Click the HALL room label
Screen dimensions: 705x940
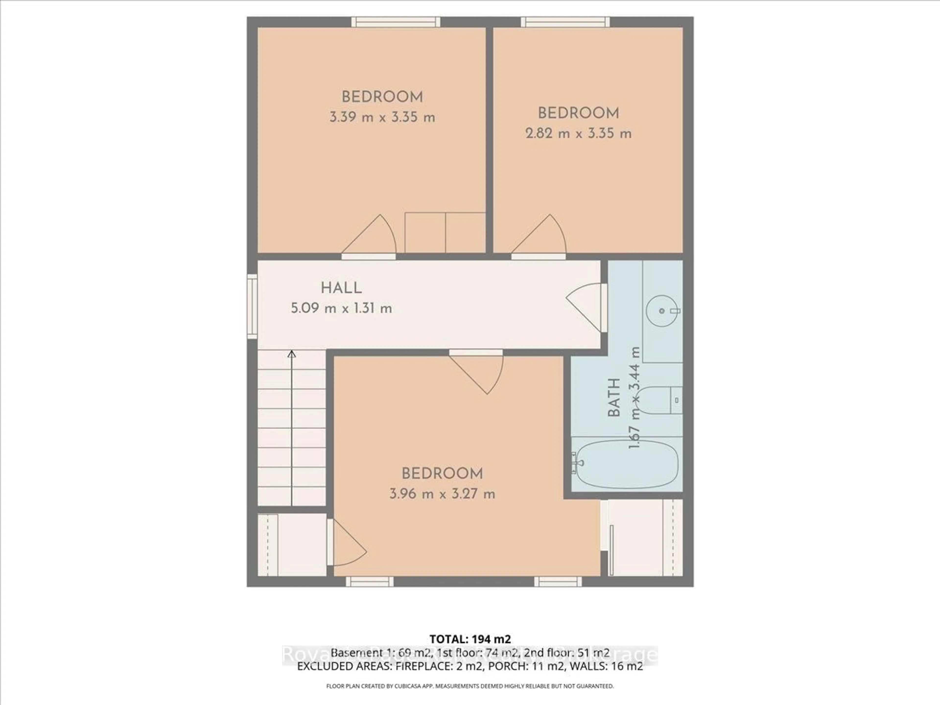(x=341, y=288)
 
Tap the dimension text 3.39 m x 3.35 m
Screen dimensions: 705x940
(x=382, y=117)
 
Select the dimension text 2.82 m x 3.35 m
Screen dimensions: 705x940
(x=578, y=133)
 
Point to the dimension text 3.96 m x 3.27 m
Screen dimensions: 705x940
(x=442, y=494)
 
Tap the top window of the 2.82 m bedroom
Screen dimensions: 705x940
(x=565, y=22)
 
